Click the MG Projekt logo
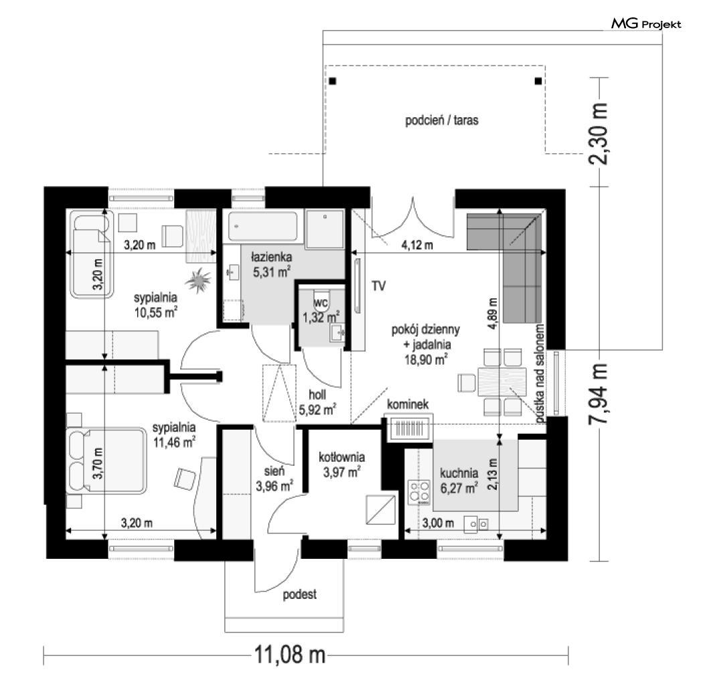(x=646, y=23)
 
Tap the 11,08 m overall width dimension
(x=290, y=655)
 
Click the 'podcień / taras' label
(x=442, y=120)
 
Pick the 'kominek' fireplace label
(x=408, y=404)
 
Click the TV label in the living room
(x=378, y=286)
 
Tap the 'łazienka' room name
(x=272, y=257)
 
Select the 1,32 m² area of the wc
(x=321, y=318)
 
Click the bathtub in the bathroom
(x=262, y=226)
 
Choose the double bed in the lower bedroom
(x=106, y=460)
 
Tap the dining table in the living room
(x=502, y=382)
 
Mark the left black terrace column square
(x=332, y=81)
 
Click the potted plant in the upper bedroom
(x=198, y=280)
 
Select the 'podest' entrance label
(x=299, y=594)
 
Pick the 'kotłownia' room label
(x=341, y=457)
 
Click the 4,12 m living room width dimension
(x=417, y=245)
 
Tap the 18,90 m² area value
(x=425, y=359)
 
